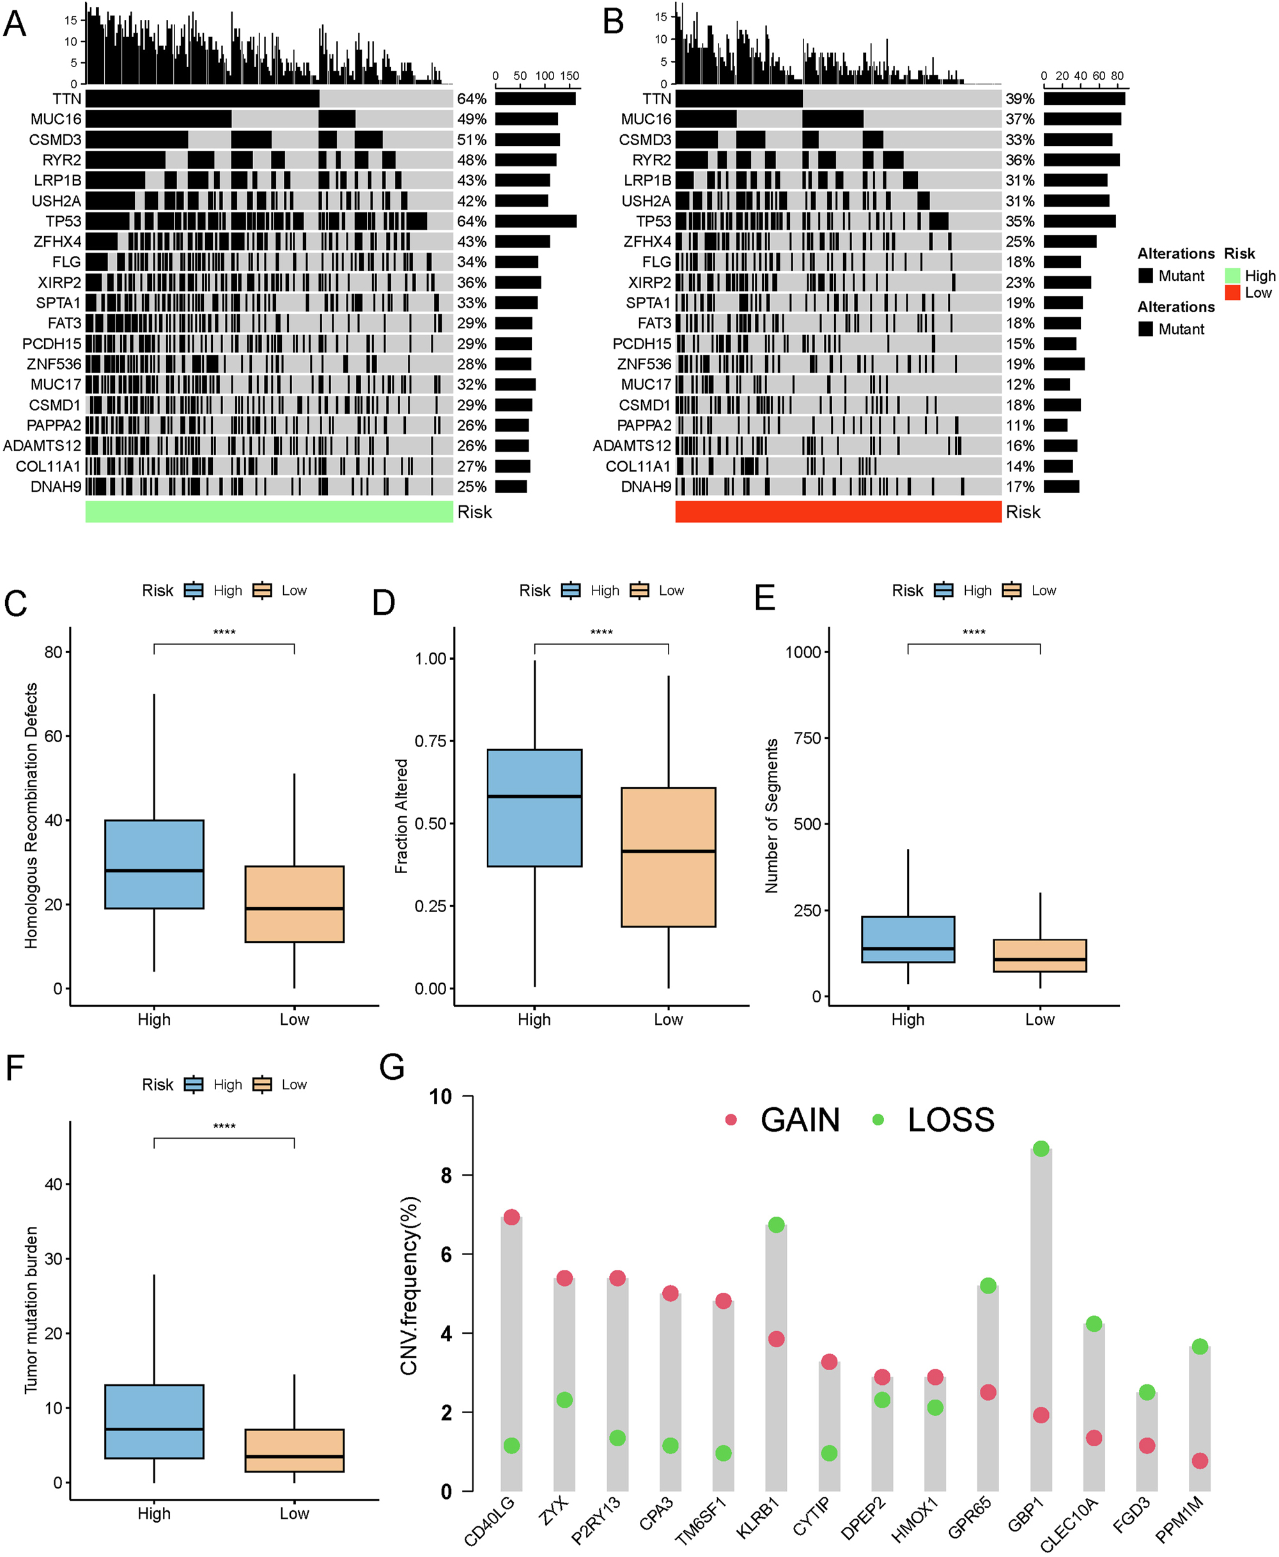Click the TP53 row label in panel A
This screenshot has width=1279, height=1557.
coord(63,221)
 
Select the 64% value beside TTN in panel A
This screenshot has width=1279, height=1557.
coord(472,99)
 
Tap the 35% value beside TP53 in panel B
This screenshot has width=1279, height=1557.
coord(1019,221)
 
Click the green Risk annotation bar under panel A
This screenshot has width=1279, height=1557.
coord(269,512)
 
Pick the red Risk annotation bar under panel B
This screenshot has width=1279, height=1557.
coord(838,512)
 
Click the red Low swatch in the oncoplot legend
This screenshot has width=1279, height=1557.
coord(1232,293)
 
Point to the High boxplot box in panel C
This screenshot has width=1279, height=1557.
coord(154,864)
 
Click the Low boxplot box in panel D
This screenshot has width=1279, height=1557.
coord(667,857)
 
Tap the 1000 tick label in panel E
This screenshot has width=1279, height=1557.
coord(802,652)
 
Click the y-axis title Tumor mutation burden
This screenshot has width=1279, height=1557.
coord(31,1310)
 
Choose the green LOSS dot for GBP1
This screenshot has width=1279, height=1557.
coord(1041,1149)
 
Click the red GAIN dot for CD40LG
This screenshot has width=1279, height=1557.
coord(511,1217)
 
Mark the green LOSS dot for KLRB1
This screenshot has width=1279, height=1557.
coord(776,1224)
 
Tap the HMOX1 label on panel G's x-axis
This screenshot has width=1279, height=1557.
coord(914,1519)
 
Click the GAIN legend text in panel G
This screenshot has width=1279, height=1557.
coord(800,1120)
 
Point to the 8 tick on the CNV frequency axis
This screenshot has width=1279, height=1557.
coord(446,1175)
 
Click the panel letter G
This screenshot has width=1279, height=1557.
coord(392,1067)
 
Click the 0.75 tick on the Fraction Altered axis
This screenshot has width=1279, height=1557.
coord(430,741)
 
